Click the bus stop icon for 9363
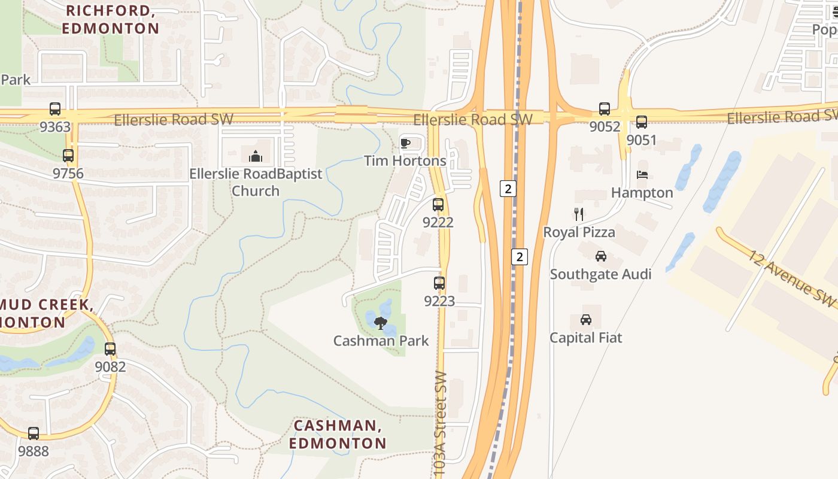coord(55,109)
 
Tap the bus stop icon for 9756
coord(68,156)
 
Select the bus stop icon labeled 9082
coord(110,348)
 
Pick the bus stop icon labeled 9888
coord(34,433)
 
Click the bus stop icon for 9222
coord(438,205)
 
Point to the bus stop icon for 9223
coord(439,283)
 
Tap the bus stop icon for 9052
coord(605,109)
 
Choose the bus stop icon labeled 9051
coord(642,122)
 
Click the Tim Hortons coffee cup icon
coord(405,143)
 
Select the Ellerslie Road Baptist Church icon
coord(256,156)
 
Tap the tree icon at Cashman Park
coord(380,323)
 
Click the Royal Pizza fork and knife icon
coord(578,214)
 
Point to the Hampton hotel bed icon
coord(642,175)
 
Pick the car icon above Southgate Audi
coord(601,256)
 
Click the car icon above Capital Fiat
coord(586,320)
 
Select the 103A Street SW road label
coord(441,425)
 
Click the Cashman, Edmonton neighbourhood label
coord(338,435)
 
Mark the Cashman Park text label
coord(381,341)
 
